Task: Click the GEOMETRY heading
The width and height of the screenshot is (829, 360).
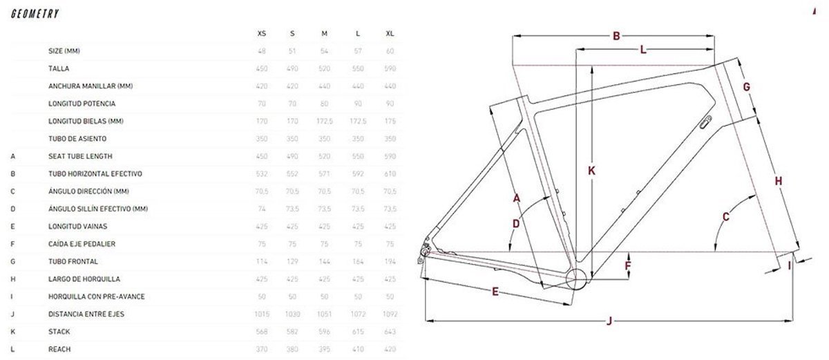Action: [35, 14]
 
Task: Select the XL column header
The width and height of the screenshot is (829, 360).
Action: [390, 33]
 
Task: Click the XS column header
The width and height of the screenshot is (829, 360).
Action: [261, 33]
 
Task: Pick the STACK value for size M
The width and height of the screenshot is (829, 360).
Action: [325, 332]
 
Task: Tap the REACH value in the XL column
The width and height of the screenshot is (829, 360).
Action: [390, 349]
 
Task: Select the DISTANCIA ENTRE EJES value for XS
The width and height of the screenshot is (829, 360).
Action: [261, 314]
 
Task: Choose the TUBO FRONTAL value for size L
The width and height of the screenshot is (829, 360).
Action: [358, 262]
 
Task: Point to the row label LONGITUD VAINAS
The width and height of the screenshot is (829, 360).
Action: [77, 227]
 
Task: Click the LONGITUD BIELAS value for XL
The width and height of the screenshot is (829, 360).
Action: [390, 122]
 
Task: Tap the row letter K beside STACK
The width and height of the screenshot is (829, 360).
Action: [13, 332]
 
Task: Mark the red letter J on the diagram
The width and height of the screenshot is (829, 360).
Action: [609, 320]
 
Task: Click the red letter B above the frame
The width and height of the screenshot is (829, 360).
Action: [617, 37]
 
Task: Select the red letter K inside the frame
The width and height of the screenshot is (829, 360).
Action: [592, 170]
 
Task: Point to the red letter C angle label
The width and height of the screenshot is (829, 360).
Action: [725, 217]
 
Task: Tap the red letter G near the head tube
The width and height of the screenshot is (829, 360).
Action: [747, 86]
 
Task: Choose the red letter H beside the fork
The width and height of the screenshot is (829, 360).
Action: [778, 181]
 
